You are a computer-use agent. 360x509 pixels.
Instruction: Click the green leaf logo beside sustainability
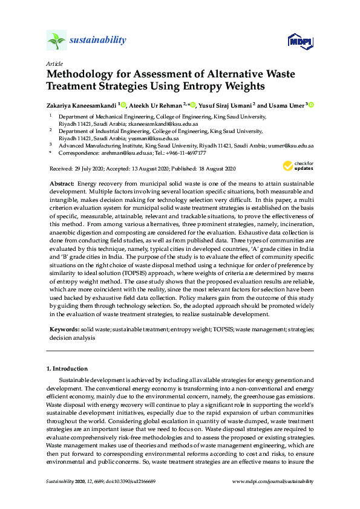point(56,41)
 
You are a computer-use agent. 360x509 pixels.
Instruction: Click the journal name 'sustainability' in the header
point(97,41)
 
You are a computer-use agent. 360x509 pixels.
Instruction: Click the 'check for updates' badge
point(298,166)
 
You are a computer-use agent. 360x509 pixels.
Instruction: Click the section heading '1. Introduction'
point(67,368)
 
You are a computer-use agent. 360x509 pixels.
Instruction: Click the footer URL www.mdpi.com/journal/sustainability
point(273,481)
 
